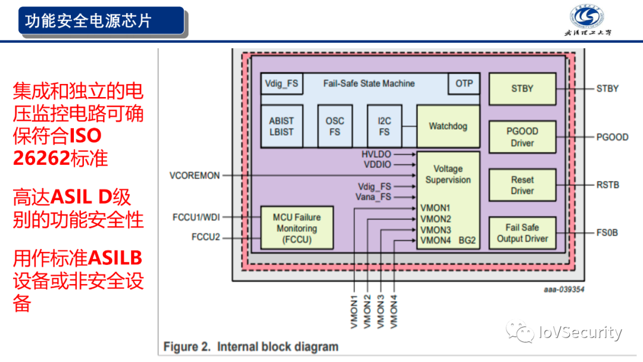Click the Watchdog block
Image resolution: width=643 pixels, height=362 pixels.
click(x=448, y=126)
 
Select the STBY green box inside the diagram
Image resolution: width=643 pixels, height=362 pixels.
click(x=522, y=89)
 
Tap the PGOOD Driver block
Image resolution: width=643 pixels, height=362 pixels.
click(x=522, y=137)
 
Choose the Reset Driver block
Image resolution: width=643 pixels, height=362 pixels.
click(x=522, y=185)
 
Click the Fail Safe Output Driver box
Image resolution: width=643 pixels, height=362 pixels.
click(x=522, y=233)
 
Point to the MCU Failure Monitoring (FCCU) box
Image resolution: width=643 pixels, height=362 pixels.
click(x=296, y=229)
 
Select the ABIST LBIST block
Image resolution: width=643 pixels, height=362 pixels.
click(x=281, y=126)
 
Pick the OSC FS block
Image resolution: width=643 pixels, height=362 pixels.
click(x=335, y=126)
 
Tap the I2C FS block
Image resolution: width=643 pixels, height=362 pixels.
click(x=384, y=126)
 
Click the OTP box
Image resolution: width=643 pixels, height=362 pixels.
click(x=464, y=84)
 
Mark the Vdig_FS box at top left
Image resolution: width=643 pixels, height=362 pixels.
click(x=282, y=84)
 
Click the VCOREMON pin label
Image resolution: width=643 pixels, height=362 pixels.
click(x=195, y=176)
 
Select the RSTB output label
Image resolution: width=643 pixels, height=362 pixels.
click(x=608, y=185)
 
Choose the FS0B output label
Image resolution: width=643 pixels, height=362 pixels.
click(x=607, y=233)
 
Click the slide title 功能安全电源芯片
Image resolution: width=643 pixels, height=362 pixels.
click(x=89, y=21)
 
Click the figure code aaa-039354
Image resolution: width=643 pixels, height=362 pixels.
click(x=564, y=289)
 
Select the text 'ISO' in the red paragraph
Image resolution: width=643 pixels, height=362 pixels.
click(x=86, y=136)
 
